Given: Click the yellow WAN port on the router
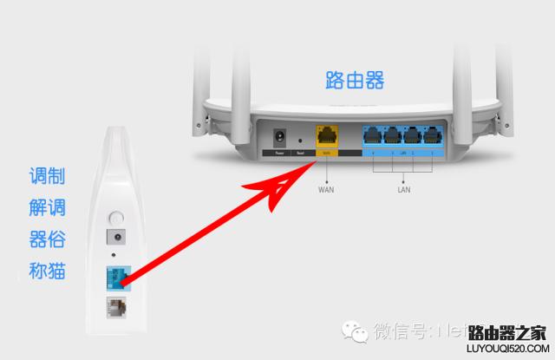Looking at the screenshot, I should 326,136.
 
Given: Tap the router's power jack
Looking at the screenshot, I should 280,137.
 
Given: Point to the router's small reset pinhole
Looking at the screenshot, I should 300,140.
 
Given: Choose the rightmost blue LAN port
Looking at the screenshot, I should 431,135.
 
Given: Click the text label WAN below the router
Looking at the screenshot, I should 326,188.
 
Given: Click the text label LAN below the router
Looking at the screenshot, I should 402,188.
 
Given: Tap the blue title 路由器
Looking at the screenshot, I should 355,81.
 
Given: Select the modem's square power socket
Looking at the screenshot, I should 116,237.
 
